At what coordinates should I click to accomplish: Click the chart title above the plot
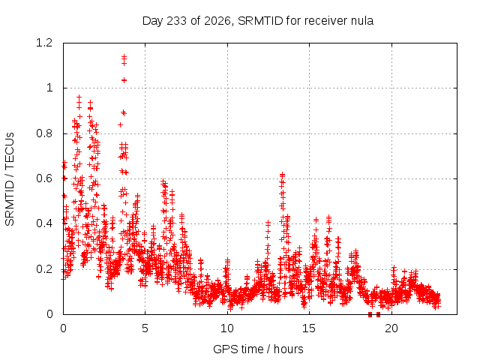(258, 21)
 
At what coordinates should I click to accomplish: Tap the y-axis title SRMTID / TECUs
(10, 179)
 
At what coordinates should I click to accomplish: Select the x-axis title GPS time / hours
(258, 349)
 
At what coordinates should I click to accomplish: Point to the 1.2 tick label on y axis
(44, 43)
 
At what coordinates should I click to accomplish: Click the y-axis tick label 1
(49, 88)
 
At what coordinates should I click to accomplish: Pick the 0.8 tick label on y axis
(44, 133)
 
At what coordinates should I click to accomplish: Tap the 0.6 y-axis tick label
(44, 178)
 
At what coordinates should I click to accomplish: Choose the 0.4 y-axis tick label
(44, 223)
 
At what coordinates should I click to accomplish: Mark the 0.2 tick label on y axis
(44, 269)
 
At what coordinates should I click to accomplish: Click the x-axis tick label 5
(145, 328)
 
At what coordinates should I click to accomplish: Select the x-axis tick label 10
(227, 328)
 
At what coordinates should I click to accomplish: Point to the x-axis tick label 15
(309, 328)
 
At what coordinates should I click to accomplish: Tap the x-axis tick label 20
(391, 328)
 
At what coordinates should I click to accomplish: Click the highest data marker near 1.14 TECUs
(124, 56)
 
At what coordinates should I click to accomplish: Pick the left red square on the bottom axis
(370, 314)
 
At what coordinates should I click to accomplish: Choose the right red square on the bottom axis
(378, 314)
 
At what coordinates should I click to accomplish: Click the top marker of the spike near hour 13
(282, 175)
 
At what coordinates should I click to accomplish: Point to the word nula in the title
(363, 21)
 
